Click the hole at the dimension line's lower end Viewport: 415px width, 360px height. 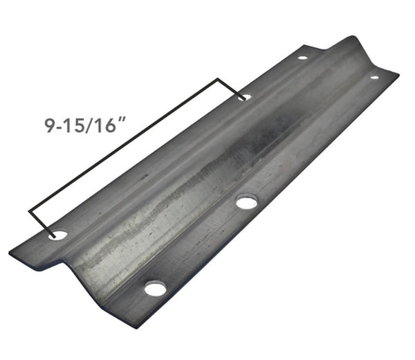click(59, 235)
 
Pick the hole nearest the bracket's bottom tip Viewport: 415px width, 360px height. click(155, 288)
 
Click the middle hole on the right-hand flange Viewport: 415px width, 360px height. click(246, 202)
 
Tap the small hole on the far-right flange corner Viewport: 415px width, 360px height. click(374, 77)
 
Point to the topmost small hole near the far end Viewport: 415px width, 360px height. click(302, 57)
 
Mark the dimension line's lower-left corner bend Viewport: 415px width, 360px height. click(30, 210)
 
